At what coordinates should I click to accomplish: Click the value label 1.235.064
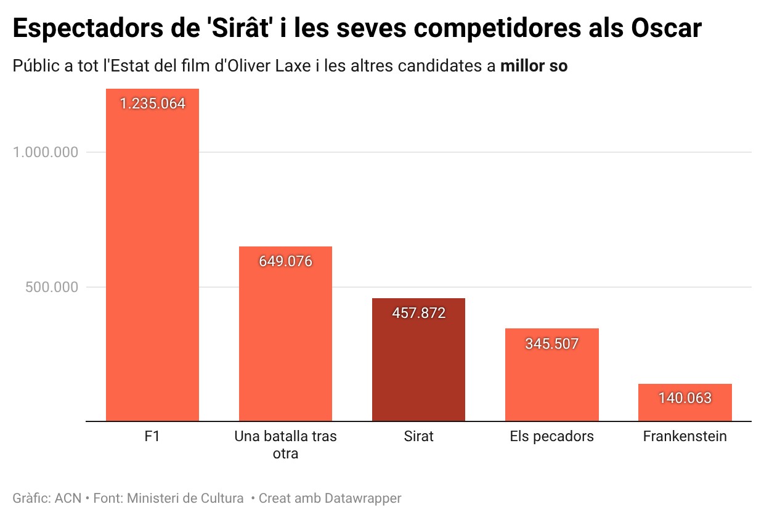[152, 104]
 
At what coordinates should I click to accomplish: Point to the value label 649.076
[285, 261]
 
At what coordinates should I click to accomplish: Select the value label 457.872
[418, 313]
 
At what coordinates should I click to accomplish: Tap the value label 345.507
[551, 344]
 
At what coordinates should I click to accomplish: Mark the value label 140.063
[685, 398]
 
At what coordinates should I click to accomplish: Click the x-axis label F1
[152, 437]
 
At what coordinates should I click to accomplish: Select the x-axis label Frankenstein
[685, 437]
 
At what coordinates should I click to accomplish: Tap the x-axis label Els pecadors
[551, 437]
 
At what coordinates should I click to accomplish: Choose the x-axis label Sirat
[418, 437]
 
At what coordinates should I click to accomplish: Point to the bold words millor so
[534, 66]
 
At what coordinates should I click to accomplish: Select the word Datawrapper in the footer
[363, 498]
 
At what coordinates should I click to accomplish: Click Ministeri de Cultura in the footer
[185, 498]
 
